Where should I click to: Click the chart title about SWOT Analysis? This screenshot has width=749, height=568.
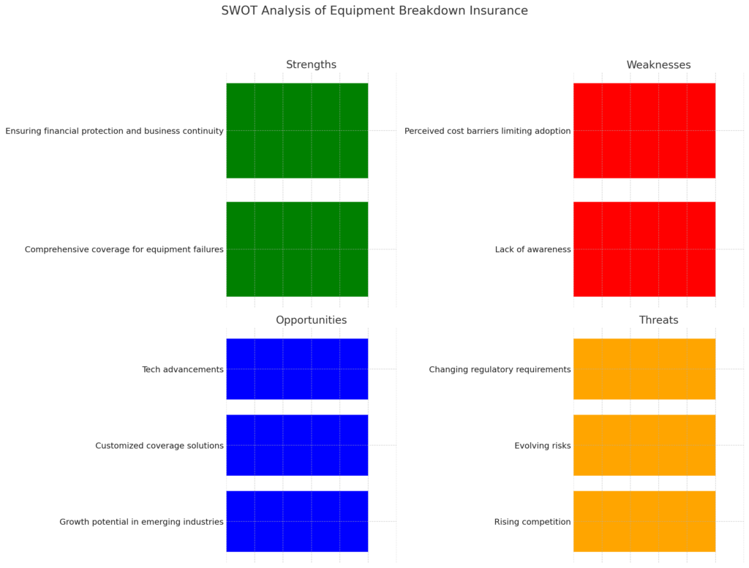point(374,11)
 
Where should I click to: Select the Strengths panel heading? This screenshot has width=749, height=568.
point(311,65)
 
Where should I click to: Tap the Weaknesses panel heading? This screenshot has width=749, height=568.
point(658,65)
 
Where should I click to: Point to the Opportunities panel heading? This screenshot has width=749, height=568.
point(311,320)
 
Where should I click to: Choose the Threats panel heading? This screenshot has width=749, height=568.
point(658,320)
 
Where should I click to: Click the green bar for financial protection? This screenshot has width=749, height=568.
point(297,131)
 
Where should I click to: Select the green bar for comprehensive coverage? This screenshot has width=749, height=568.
point(297,249)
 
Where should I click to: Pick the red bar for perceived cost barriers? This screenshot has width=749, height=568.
point(644,131)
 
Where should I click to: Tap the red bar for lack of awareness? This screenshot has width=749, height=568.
point(644,249)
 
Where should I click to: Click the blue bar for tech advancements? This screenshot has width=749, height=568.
point(297,369)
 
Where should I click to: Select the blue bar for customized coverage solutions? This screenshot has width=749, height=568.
point(297,445)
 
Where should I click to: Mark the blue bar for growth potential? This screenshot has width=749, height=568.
point(297,521)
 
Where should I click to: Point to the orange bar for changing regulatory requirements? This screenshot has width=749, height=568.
point(644,369)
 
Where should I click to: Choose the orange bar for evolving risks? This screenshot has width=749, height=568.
point(644,445)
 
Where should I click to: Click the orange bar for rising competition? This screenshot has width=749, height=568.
point(644,521)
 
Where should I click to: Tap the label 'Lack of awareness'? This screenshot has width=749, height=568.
point(532,250)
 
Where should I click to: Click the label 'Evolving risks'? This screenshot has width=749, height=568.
point(542,446)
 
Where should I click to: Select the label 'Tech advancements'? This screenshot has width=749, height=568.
point(183,370)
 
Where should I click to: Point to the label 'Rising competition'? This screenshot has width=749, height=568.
point(532,522)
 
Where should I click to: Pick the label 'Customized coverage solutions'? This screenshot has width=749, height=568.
point(159,446)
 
